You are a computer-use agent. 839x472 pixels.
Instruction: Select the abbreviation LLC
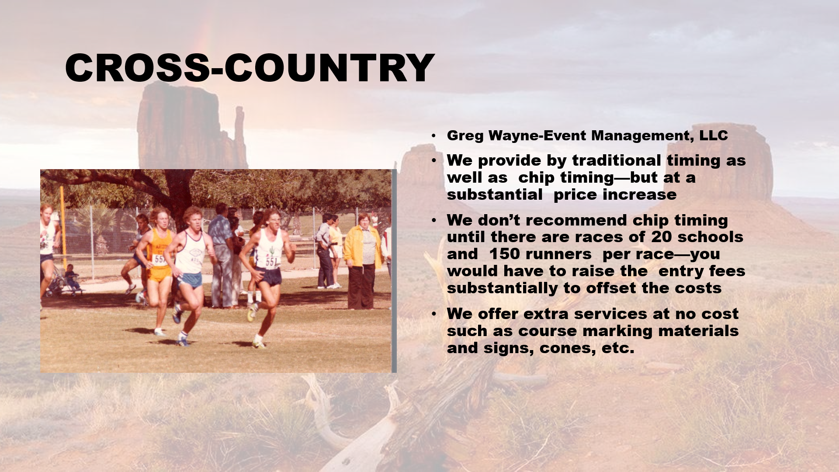(x=714, y=135)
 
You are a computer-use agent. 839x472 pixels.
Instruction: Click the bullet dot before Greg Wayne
(x=433, y=136)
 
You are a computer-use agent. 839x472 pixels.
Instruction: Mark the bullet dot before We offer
(x=433, y=314)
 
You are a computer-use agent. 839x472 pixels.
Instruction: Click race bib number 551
(x=271, y=262)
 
